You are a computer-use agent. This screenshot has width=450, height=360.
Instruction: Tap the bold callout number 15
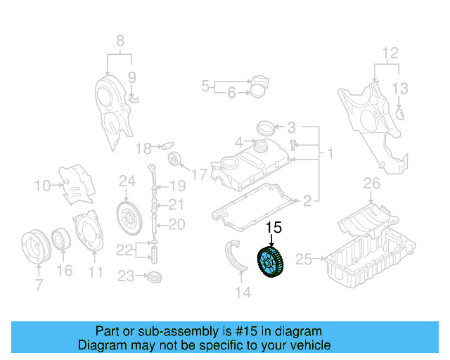(x=273, y=227)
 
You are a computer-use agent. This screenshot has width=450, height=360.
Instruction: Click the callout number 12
(x=390, y=52)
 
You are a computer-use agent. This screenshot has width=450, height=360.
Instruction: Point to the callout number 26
(x=371, y=184)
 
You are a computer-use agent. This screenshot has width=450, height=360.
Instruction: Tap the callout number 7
(x=39, y=285)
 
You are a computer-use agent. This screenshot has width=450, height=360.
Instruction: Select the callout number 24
(x=127, y=181)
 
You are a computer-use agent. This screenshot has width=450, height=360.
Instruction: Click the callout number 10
(x=42, y=186)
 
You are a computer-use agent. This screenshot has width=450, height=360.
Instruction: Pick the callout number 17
(x=199, y=174)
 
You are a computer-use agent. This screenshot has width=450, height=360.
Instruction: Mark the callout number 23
(x=126, y=276)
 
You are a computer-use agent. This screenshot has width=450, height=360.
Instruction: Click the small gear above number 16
(x=62, y=238)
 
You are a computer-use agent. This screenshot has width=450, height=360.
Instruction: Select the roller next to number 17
(x=176, y=158)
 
